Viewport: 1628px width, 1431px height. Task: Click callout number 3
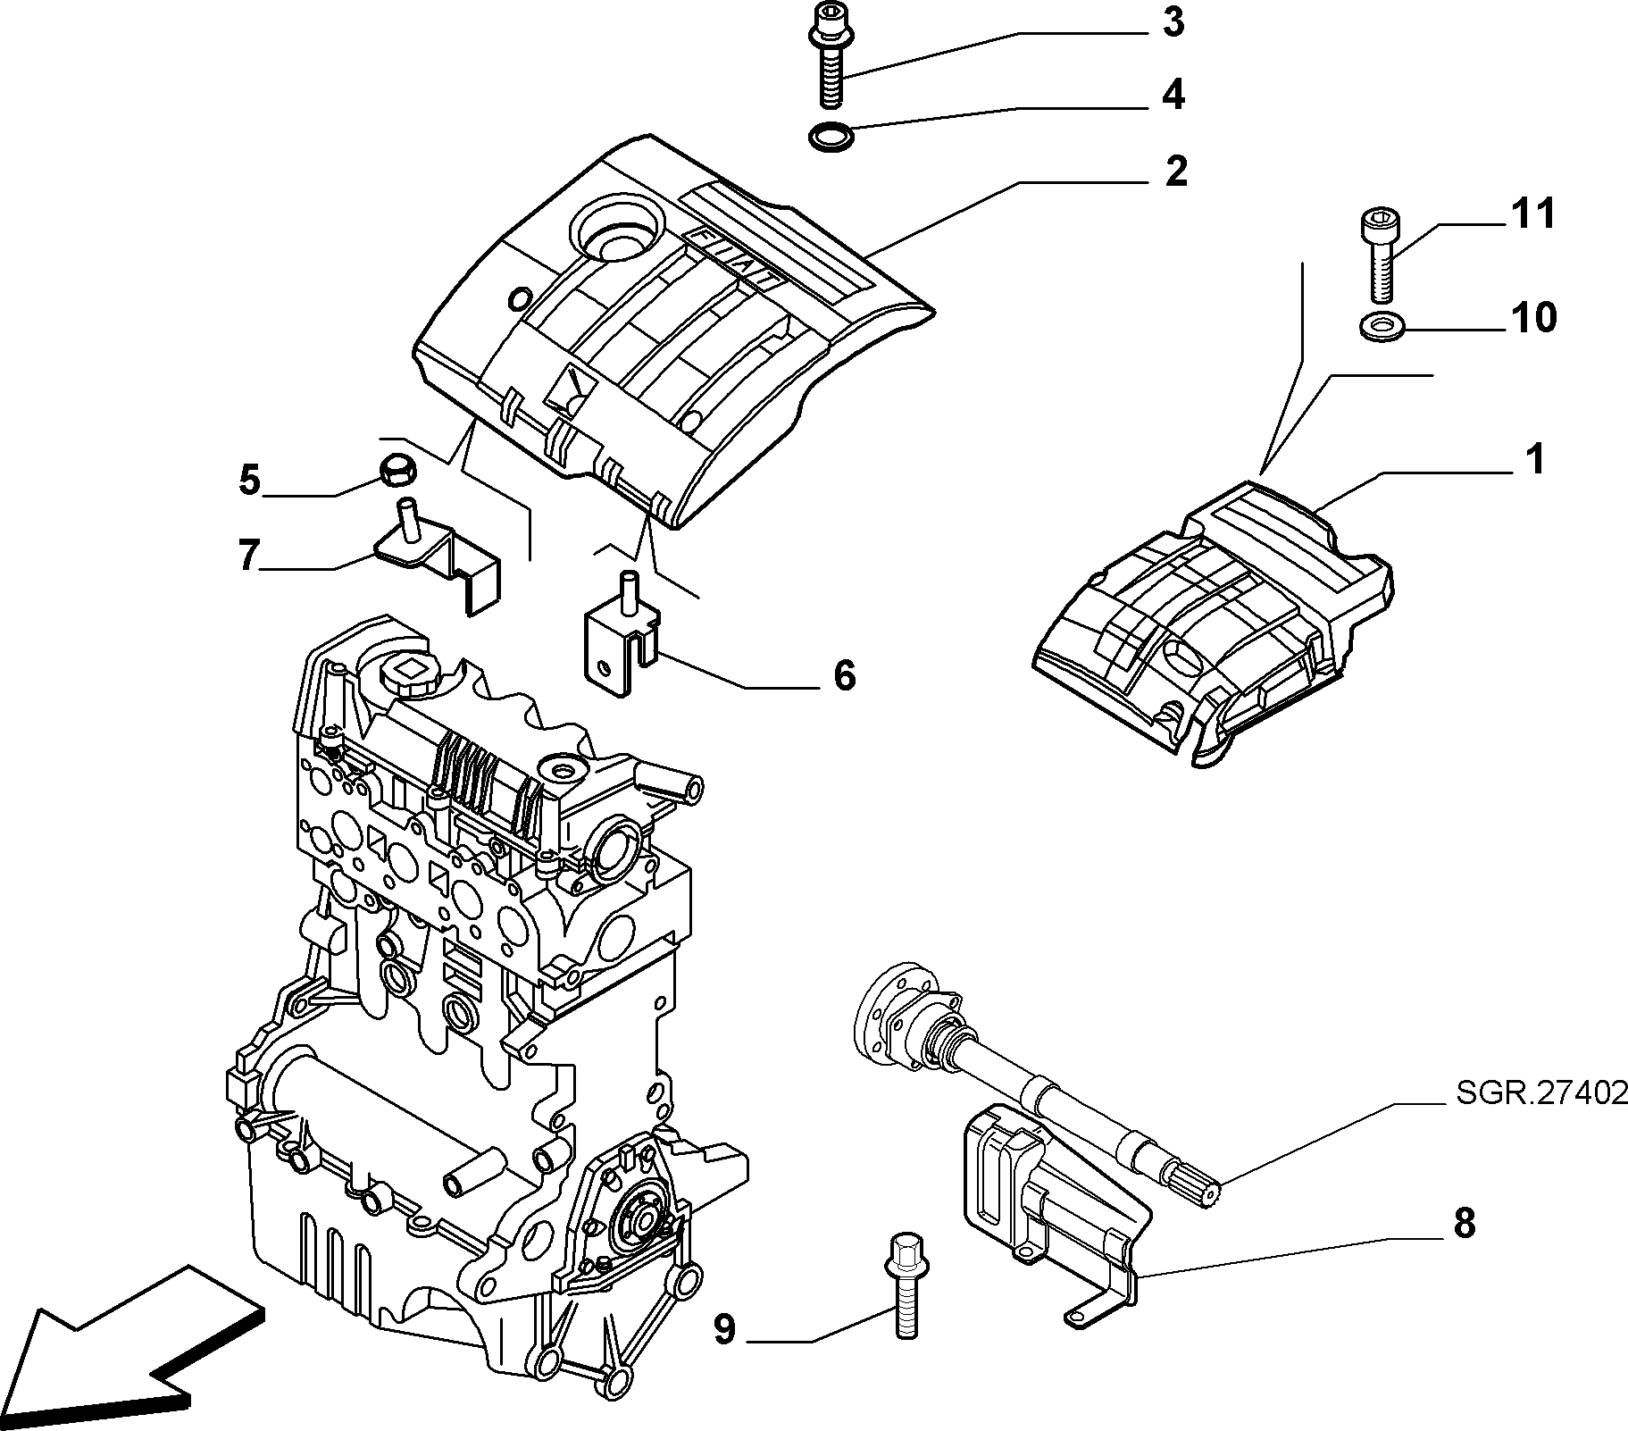1173,21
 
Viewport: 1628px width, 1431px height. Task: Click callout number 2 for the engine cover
1176,171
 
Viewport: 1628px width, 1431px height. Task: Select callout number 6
844,675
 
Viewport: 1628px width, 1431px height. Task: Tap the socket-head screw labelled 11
1380,255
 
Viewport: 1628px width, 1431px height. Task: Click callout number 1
1533,460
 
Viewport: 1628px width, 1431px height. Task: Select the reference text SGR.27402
1541,1092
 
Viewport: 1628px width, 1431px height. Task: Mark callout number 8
1464,1224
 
